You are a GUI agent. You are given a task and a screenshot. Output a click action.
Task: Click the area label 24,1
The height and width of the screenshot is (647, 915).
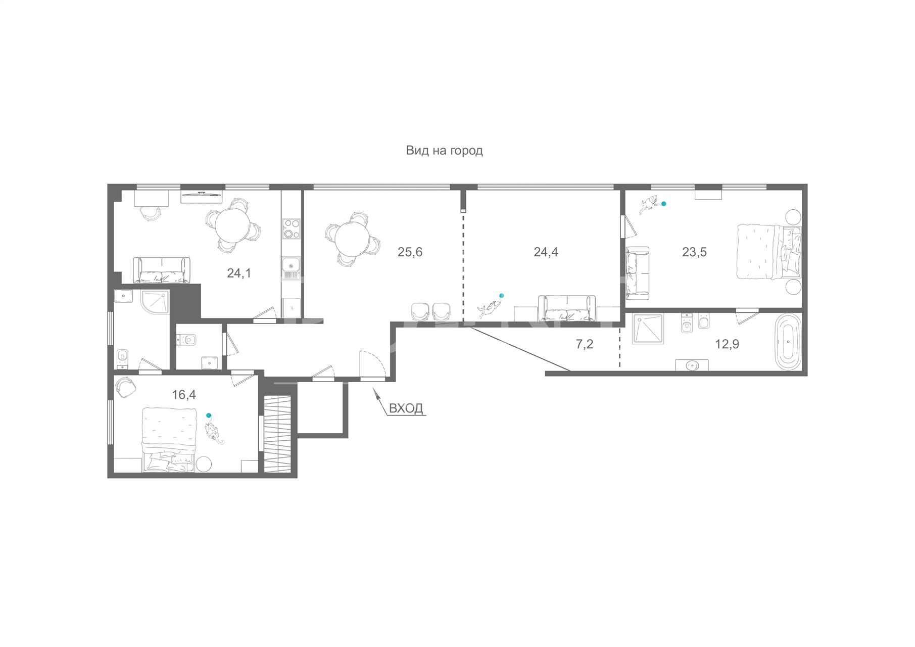point(239,273)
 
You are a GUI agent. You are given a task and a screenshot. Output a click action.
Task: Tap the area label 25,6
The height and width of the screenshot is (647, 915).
point(410,252)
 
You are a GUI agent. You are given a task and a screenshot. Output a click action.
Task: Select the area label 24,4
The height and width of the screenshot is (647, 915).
point(546,252)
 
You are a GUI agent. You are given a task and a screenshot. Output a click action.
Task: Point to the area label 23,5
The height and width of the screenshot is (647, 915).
point(694,252)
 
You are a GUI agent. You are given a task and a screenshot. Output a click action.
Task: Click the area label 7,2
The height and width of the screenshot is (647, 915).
point(585,345)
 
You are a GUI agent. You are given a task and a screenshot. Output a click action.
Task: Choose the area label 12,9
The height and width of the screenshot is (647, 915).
point(727,345)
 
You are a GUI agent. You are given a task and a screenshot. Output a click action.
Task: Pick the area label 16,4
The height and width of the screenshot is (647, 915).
point(184,395)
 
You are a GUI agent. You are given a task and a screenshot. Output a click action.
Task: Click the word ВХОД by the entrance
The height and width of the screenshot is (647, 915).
point(406,408)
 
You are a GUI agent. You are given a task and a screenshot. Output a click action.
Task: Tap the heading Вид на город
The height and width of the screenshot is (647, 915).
point(444,151)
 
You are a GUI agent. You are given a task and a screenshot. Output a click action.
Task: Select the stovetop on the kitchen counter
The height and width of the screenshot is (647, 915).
point(292,228)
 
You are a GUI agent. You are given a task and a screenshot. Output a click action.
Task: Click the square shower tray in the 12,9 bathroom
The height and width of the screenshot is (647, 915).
point(649,329)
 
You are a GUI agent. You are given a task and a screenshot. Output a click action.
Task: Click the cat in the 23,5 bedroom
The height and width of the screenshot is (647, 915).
point(648,204)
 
